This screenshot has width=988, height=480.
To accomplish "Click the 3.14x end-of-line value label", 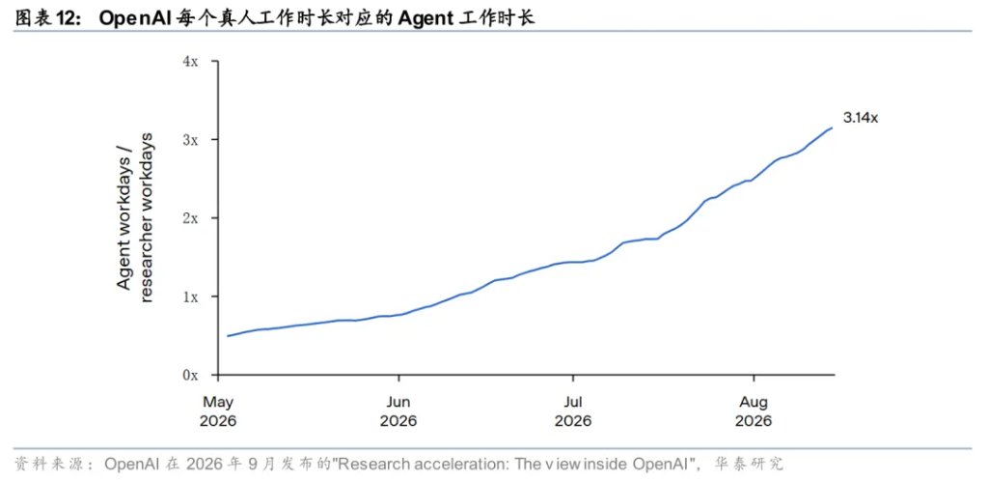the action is (x=860, y=118).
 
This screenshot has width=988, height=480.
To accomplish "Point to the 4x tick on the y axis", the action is (x=190, y=61).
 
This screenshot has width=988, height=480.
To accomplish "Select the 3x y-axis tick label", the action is (x=190, y=139).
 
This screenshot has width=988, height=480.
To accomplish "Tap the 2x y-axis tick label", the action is (x=190, y=218).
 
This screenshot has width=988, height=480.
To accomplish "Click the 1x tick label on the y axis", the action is (x=190, y=296).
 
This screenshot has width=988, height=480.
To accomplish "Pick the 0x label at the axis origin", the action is (x=190, y=375).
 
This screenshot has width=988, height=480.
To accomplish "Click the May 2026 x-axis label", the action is (x=218, y=411).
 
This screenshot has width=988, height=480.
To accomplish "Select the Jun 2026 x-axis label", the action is (x=398, y=411).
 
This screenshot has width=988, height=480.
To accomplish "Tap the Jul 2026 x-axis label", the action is (x=573, y=411).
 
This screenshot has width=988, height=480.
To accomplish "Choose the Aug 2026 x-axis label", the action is (x=754, y=411).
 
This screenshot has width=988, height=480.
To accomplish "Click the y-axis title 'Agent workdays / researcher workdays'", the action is (x=135, y=217).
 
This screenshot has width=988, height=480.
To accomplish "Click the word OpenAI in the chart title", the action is (x=130, y=18).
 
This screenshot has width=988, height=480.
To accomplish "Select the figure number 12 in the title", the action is (x=69, y=19).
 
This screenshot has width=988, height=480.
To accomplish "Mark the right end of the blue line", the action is (x=833, y=128).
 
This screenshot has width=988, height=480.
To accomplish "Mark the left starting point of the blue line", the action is (x=228, y=335).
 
